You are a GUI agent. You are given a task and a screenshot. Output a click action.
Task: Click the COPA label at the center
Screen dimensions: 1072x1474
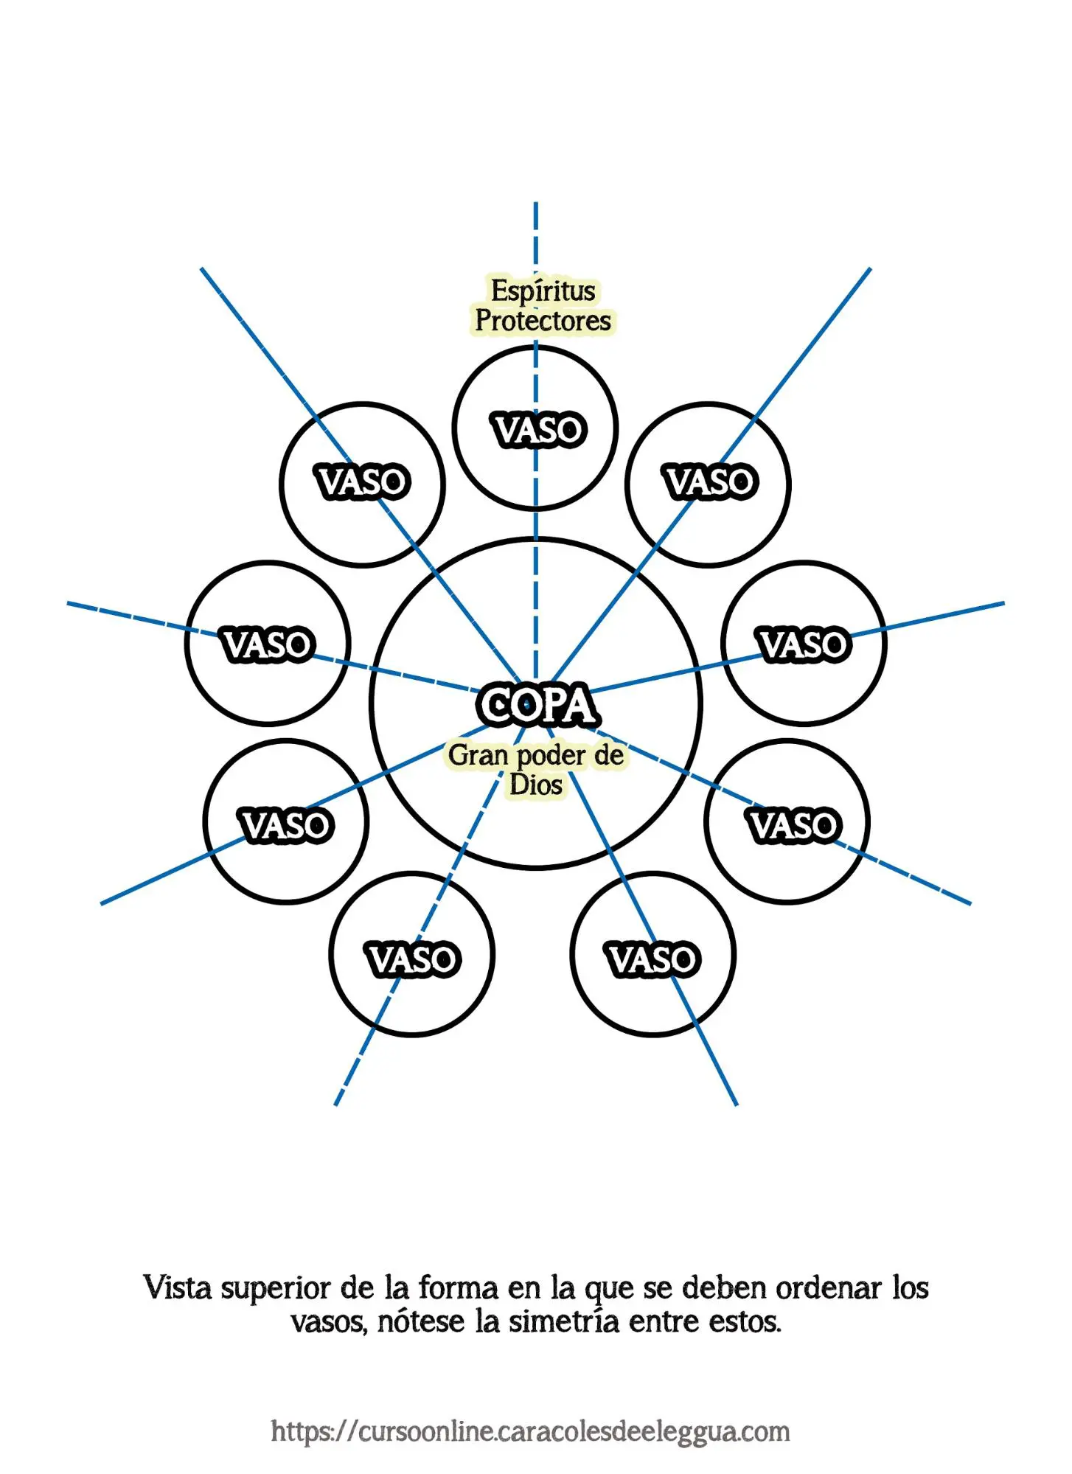pyautogui.click(x=537, y=705)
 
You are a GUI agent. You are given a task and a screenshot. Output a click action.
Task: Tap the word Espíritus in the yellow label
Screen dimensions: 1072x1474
pyautogui.click(x=543, y=291)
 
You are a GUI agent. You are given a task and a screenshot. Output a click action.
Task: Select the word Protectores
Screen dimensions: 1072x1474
pyautogui.click(x=543, y=321)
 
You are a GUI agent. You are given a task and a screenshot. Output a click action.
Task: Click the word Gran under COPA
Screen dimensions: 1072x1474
pyautogui.click(x=478, y=755)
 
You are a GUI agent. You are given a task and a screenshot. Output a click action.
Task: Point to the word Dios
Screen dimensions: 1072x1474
pyautogui.click(x=536, y=785)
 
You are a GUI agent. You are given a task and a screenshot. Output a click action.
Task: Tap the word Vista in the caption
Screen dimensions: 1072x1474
pyautogui.click(x=176, y=1288)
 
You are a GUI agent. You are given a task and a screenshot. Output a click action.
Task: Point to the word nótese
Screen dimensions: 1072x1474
pyautogui.click(x=420, y=1321)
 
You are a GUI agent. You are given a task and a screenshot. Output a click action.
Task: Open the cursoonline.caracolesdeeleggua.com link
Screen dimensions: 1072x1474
pyautogui.click(x=530, y=1431)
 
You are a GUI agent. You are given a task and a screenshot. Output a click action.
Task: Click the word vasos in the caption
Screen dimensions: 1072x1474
pyautogui.click(x=329, y=1323)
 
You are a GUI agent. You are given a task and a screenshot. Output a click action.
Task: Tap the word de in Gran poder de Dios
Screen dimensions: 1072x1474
pyautogui.click(x=609, y=755)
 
